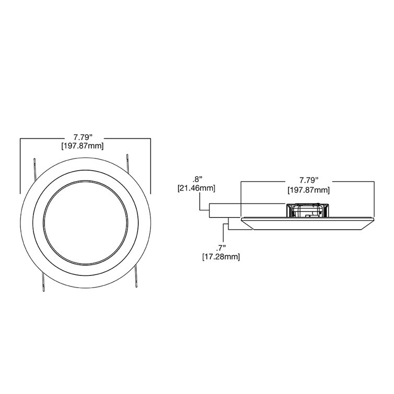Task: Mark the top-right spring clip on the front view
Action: tap(128, 164)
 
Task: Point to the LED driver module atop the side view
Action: tap(307, 209)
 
